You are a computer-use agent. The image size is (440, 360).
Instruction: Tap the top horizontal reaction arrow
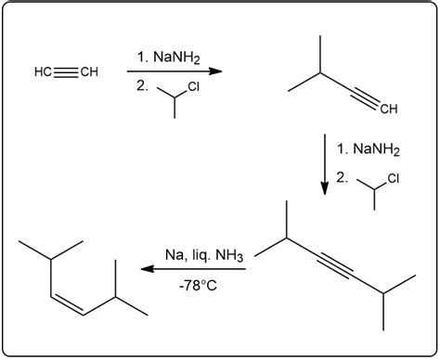click(175, 71)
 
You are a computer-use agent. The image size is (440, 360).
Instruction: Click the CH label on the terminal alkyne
click(388, 109)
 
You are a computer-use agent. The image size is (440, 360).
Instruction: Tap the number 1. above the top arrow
click(141, 58)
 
